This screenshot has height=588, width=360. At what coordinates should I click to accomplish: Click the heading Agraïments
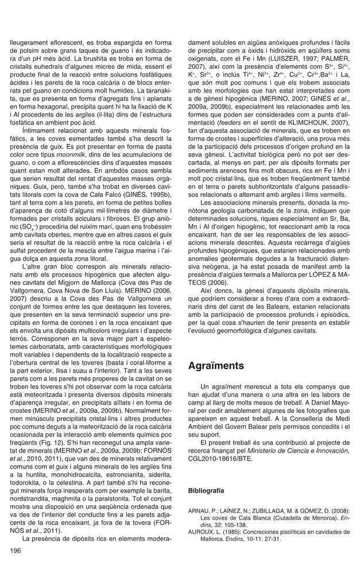(216, 366)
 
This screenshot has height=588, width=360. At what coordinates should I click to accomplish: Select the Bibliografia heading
(206, 492)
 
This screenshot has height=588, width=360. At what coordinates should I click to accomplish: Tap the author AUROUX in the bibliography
(203, 531)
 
